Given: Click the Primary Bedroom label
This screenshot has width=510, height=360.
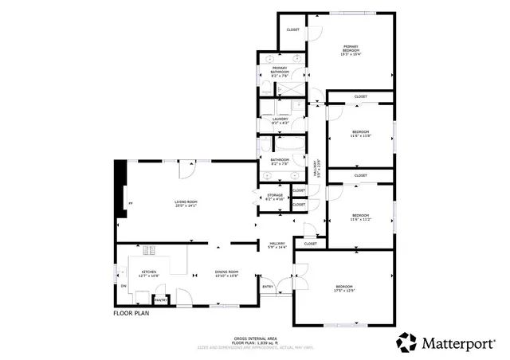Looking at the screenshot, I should pos(351,49).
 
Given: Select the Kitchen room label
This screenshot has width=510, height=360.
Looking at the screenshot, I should pos(149,273).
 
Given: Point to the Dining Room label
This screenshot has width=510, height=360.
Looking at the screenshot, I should pos(227,273).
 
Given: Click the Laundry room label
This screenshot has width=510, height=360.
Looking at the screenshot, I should pos(280,120).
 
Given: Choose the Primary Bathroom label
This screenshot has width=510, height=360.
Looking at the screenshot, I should pos(280,70).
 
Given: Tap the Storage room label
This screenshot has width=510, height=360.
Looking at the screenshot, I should pos(275,196).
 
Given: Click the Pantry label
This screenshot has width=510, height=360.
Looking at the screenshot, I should pos(159,299).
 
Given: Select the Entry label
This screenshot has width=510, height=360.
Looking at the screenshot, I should pos(267,287).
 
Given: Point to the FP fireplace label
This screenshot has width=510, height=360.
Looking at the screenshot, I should pos(131,205).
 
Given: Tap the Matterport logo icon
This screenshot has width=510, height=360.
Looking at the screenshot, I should pos(406,342).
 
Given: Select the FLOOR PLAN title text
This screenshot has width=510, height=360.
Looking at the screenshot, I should pos(131,314).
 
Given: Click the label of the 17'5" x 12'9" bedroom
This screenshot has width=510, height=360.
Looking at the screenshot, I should pos(344,288).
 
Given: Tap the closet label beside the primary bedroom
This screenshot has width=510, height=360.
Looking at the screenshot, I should pos(292,30).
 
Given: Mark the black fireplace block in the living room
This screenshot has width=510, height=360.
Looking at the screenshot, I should pos(121,188).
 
